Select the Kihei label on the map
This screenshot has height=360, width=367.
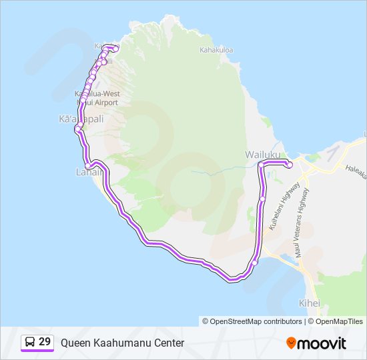[310, 303]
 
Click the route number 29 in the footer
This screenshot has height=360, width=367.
[45, 342]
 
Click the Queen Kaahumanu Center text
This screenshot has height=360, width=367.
[122, 343]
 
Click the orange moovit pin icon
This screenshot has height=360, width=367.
[292, 343]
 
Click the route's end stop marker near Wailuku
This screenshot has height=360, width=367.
[290, 165]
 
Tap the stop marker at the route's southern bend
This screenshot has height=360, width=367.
[254, 263]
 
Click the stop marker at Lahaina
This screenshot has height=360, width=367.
[88, 165]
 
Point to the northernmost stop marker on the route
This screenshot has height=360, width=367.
[115, 49]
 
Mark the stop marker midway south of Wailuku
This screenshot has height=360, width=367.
[263, 199]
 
